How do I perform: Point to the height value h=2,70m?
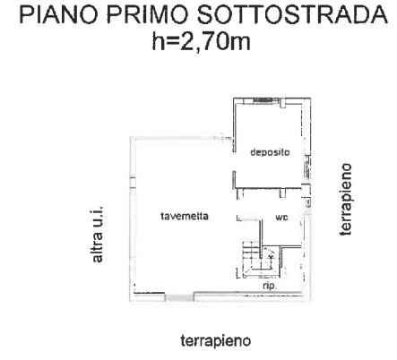click(198, 41)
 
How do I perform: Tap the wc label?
click(280, 217)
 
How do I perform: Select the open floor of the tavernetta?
click(179, 251)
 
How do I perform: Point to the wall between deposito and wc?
click(269, 190)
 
